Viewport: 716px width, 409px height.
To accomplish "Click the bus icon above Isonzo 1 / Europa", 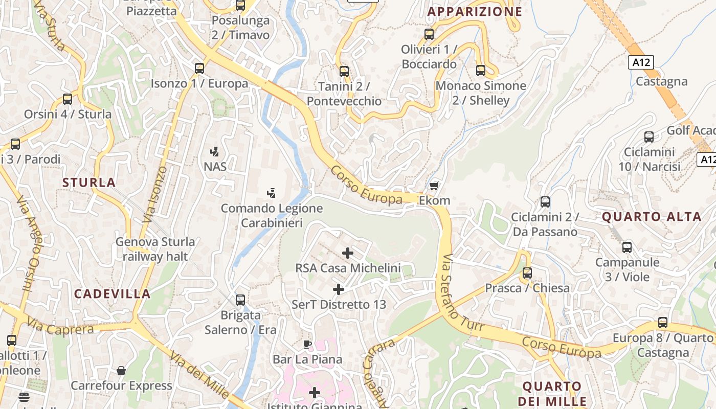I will click(x=199, y=68).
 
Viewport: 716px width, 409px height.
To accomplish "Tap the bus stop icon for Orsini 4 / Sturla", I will click(x=68, y=99).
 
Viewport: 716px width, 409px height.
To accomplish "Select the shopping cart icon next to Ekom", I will click(x=434, y=186).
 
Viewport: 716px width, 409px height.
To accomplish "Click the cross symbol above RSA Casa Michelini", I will click(x=348, y=253).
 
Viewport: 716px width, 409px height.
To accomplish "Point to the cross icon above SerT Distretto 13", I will click(x=339, y=289).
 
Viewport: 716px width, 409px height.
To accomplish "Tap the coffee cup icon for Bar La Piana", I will click(x=307, y=344).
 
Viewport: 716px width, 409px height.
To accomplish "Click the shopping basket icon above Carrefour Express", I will click(x=121, y=370).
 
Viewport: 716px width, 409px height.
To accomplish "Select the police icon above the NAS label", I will click(x=215, y=151).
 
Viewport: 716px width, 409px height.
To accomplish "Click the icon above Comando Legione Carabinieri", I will click(x=272, y=193).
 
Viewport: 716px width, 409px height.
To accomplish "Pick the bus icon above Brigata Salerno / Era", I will click(x=240, y=300).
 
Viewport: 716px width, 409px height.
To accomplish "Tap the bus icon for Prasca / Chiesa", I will click(x=527, y=273).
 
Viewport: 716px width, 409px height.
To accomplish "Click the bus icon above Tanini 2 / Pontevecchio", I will click(x=344, y=71).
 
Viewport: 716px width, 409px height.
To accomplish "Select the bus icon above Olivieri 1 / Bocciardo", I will click(x=429, y=34).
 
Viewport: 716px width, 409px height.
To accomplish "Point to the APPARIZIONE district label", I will click(x=475, y=12).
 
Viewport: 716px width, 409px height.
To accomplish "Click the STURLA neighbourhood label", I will click(x=89, y=183).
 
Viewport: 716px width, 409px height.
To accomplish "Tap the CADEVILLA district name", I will click(x=113, y=294).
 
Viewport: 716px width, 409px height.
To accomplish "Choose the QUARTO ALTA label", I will click(x=651, y=217).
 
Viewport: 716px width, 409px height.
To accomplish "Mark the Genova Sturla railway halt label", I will click(x=155, y=249).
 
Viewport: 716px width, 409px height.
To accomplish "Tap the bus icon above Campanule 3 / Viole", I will click(x=627, y=247).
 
